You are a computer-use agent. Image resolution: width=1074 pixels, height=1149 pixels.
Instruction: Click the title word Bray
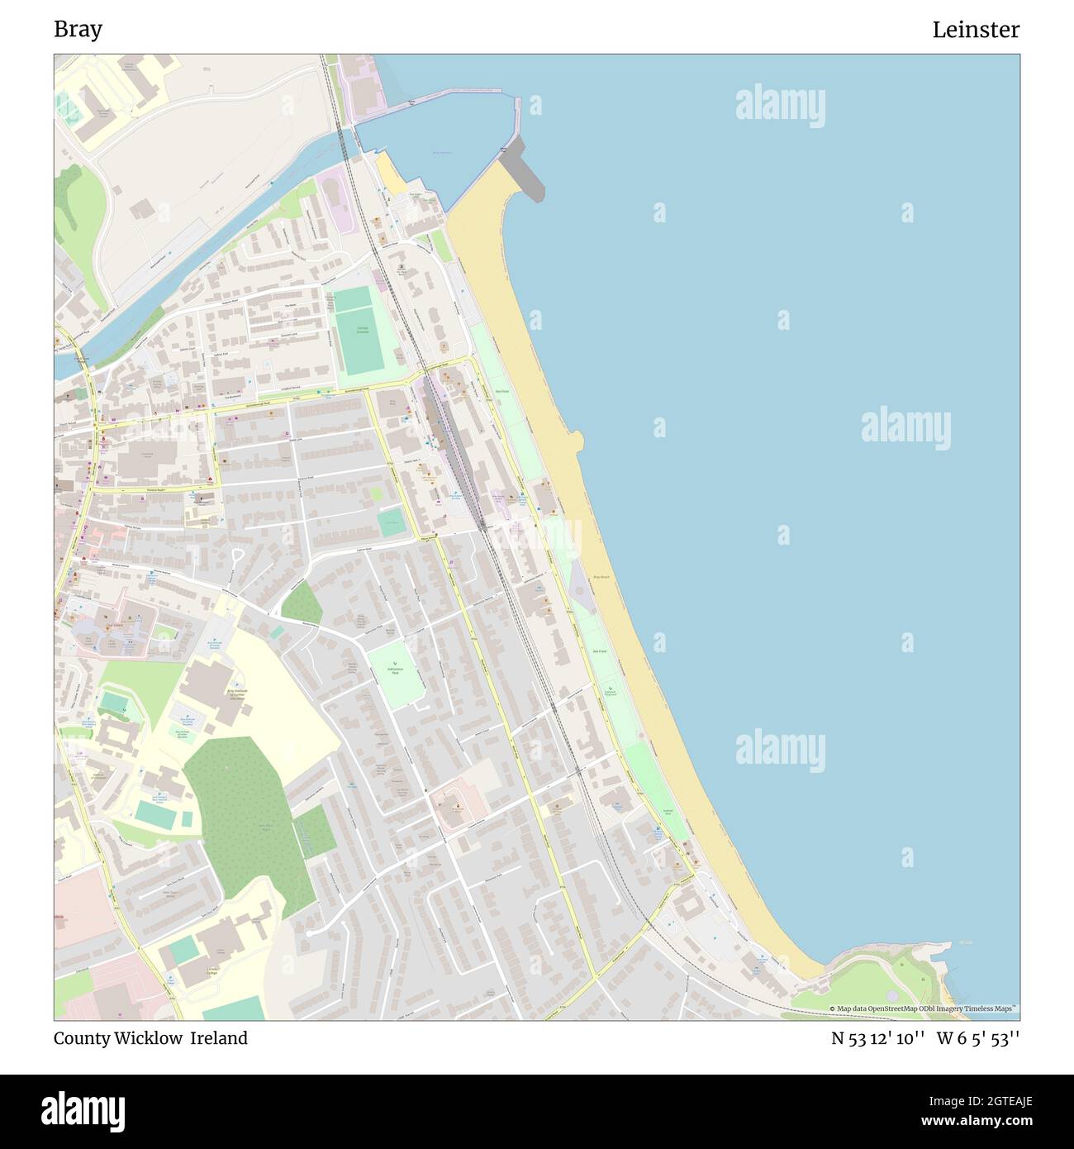[78, 30]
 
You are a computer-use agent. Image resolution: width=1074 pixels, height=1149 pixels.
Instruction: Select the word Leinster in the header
[976, 30]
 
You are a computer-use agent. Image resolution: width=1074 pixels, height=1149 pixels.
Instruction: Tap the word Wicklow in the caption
[149, 1038]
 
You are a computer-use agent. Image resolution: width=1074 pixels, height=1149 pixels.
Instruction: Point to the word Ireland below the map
[219, 1038]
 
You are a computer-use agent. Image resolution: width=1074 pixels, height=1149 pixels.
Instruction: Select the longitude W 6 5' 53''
[978, 1038]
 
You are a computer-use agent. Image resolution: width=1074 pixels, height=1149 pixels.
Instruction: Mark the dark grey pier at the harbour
[525, 169]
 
